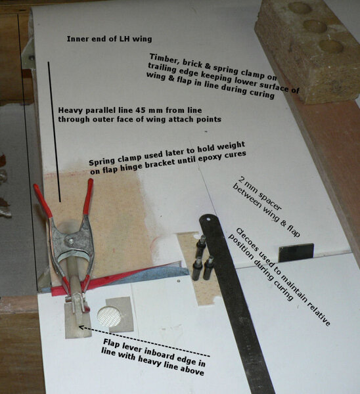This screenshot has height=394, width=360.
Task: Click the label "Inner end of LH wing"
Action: point(109,39)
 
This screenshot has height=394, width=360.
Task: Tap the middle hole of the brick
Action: point(315,26)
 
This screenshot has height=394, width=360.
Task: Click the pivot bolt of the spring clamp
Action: point(72,241)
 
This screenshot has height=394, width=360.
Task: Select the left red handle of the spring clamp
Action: point(42,200)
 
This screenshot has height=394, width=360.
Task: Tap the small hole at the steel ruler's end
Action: point(208,219)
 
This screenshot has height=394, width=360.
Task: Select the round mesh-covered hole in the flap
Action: point(109,316)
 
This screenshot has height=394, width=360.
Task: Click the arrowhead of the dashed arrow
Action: point(81,327)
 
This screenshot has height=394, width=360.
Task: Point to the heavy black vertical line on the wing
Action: point(54,132)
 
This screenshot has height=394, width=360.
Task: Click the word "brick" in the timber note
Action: point(192,63)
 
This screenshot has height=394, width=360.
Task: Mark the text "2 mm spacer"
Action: point(259,194)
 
